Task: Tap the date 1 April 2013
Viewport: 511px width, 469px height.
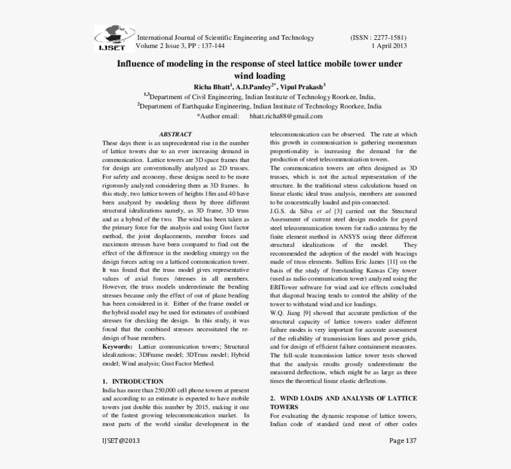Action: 389,46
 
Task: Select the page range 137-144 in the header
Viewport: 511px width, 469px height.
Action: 212,46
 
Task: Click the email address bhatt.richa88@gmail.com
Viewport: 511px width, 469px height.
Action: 286,116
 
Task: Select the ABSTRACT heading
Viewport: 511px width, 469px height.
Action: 175,135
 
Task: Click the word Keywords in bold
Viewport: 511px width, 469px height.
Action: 118,346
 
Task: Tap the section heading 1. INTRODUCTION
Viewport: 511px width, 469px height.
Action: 133,381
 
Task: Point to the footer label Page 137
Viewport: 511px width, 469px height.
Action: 403,441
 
